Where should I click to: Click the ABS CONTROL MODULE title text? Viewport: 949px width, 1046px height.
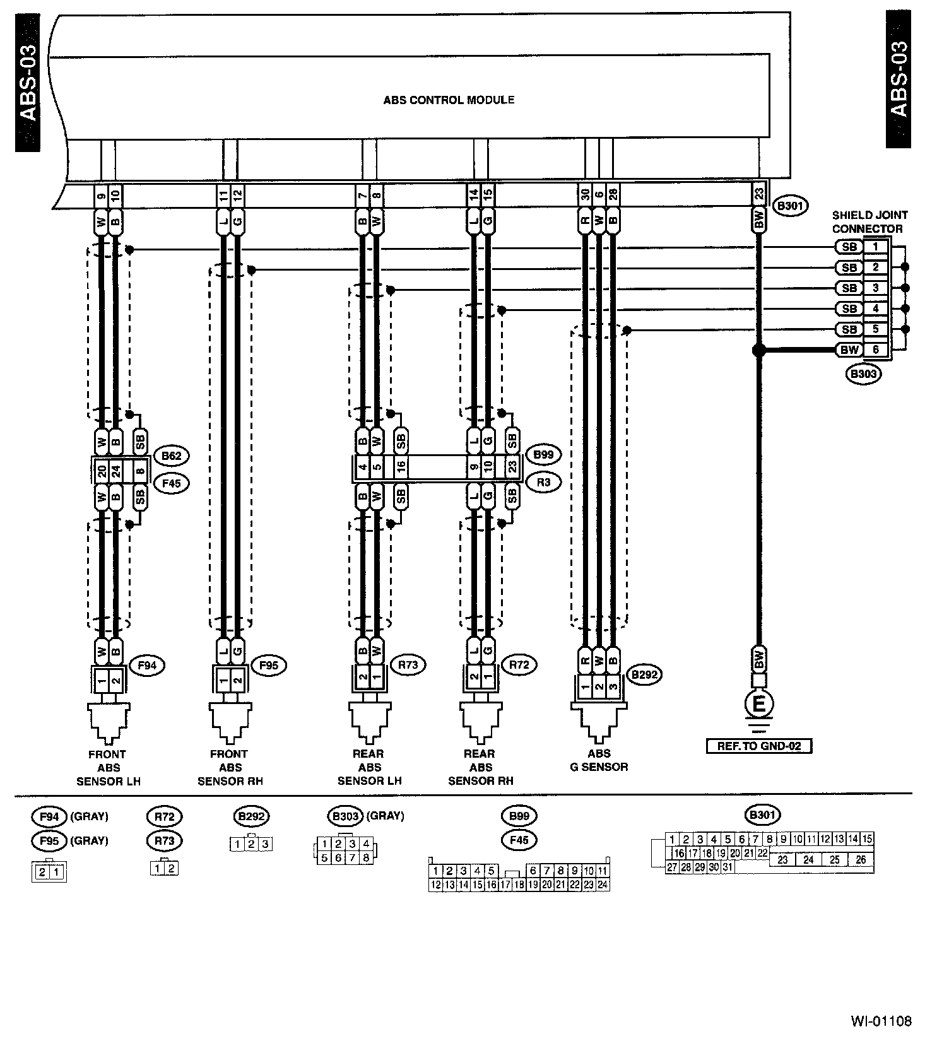click(449, 100)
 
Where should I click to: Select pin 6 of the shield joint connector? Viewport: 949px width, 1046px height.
click(875, 350)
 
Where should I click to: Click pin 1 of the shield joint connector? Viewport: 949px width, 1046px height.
click(875, 247)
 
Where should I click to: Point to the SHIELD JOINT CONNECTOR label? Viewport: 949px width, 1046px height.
click(868, 222)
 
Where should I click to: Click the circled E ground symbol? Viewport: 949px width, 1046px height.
click(759, 703)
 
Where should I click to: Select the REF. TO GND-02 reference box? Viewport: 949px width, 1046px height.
click(758, 746)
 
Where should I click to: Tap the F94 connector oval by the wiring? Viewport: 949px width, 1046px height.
click(147, 665)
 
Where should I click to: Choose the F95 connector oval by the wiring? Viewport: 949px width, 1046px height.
click(269, 665)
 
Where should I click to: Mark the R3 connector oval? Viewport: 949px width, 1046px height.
click(543, 483)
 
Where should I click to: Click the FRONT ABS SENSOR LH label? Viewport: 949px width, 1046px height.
click(108, 768)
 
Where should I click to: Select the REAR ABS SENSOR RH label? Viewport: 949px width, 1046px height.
click(480, 768)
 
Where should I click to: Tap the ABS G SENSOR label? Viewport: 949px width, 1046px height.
click(599, 760)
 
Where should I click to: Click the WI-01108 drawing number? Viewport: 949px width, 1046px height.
click(881, 1021)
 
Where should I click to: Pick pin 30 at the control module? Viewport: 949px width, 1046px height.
click(585, 196)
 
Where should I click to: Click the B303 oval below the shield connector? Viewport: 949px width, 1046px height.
click(864, 374)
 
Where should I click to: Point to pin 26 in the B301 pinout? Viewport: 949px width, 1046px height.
click(861, 860)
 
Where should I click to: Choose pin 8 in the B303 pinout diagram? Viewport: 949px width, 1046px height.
click(365, 858)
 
